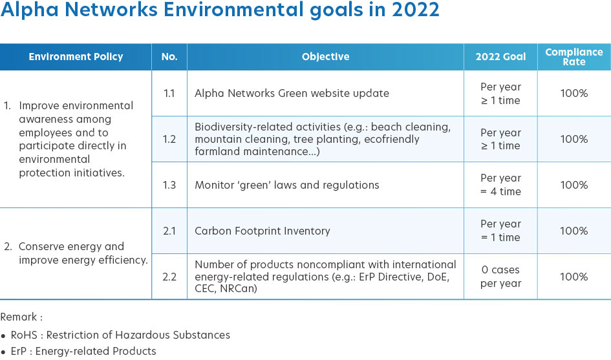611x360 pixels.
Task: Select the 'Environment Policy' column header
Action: (76, 57)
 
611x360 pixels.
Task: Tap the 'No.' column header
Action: (169, 57)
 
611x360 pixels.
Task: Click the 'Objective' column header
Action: (325, 57)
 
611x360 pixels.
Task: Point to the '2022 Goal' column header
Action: (500, 57)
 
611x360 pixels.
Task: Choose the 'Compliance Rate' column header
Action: (574, 57)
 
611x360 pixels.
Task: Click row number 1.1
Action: (169, 94)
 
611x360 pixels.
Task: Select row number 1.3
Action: (169, 185)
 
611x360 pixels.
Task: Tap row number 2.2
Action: (169, 277)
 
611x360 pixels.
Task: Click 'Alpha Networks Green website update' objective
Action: (292, 94)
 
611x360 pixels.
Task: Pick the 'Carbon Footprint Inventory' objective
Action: (263, 231)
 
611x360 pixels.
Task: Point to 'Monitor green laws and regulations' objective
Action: (287, 185)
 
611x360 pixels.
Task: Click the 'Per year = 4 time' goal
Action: (500, 185)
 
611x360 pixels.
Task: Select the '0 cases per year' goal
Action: (500, 277)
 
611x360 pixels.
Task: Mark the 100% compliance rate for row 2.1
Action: (574, 231)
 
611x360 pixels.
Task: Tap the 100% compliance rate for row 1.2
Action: (574, 139)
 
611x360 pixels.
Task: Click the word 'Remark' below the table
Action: (19, 317)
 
